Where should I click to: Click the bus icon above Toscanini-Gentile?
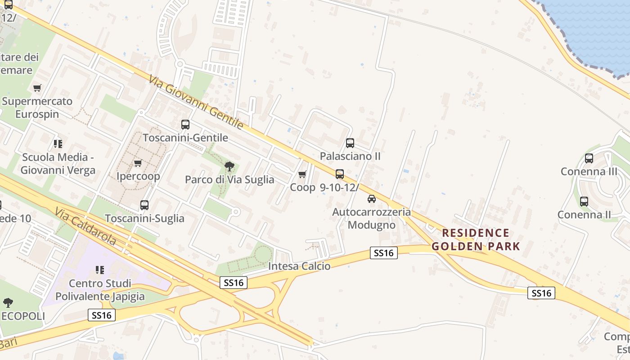pyautogui.click(x=185, y=125)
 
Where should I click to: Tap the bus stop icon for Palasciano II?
pyautogui.click(x=350, y=143)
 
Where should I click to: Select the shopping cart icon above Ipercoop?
pyautogui.click(x=138, y=163)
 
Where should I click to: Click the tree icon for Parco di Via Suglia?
pyautogui.click(x=229, y=166)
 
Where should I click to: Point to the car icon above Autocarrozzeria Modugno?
pyautogui.click(x=371, y=198)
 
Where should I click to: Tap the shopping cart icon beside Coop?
pyautogui.click(x=302, y=174)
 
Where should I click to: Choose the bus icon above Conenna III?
pyautogui.click(x=589, y=158)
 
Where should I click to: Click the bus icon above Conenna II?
pyautogui.click(x=584, y=202)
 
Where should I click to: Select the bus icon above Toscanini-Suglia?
pyautogui.click(x=144, y=205)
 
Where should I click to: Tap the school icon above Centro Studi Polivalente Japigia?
pyautogui.click(x=99, y=270)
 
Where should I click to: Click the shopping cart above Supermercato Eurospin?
pyautogui.click(x=37, y=88)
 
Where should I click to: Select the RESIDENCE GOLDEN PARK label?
pyautogui.click(x=476, y=239)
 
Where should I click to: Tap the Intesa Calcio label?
pyautogui.click(x=299, y=266)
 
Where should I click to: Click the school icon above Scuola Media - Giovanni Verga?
pyautogui.click(x=58, y=144)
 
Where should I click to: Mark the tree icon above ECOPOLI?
pyautogui.click(x=8, y=302)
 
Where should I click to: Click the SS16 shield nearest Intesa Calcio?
pyautogui.click(x=384, y=253)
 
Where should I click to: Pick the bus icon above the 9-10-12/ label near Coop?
pyautogui.click(x=339, y=174)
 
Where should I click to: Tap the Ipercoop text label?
pyautogui.click(x=138, y=176)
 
